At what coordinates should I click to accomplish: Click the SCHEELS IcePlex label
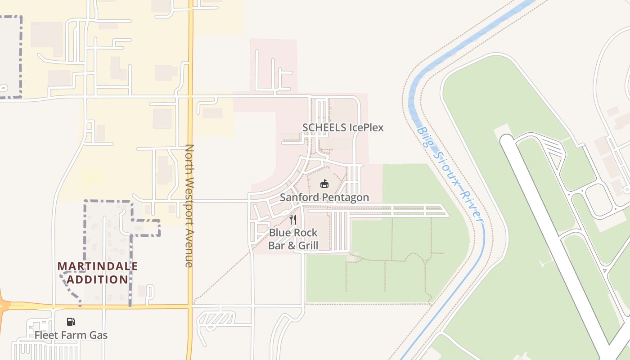click(x=343, y=127)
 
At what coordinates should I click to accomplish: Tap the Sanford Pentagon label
click(x=324, y=198)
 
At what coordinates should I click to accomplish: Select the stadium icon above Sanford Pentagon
click(x=324, y=184)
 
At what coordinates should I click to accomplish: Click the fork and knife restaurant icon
click(x=293, y=220)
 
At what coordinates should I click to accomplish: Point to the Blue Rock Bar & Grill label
click(x=293, y=239)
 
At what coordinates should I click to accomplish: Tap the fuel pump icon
click(x=71, y=321)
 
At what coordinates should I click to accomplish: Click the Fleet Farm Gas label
click(x=71, y=335)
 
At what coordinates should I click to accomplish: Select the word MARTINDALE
click(x=98, y=266)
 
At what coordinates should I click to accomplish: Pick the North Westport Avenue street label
click(x=189, y=206)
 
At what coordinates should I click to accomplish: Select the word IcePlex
click(x=366, y=127)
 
